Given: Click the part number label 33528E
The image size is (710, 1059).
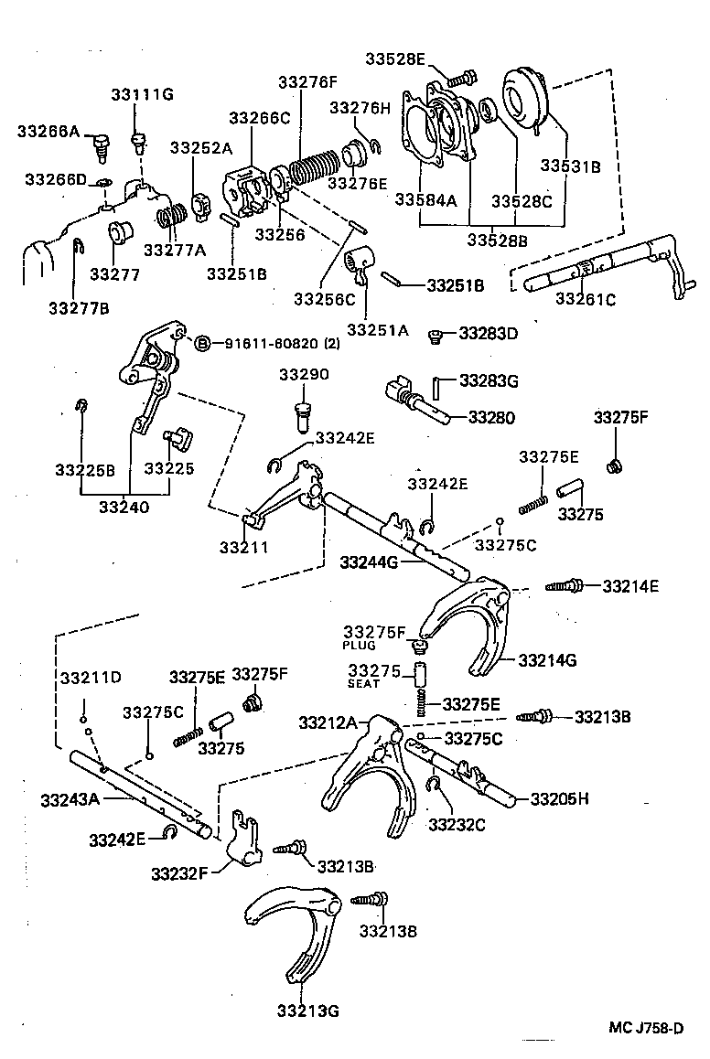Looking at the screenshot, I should point(395,59).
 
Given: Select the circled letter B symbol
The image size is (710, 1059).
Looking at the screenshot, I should point(203,343).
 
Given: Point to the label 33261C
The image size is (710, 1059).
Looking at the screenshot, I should point(586,298).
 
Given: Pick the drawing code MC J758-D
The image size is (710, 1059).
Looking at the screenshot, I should point(647,1027).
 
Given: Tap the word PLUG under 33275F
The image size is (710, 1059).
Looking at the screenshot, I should point(360,645).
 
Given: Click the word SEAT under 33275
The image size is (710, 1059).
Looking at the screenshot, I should point(363,683).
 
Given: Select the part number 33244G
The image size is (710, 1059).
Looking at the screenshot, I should point(369,561).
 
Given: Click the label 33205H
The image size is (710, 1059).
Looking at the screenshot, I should point(559,798).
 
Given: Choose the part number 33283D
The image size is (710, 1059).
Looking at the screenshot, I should point(488,333).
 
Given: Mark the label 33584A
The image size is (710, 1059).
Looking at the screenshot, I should point(425,200).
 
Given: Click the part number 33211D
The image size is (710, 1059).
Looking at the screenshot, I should point(91,678).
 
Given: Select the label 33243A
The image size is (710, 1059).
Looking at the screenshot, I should point(70,799).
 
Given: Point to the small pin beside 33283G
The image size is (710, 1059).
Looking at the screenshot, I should point(437,388).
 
